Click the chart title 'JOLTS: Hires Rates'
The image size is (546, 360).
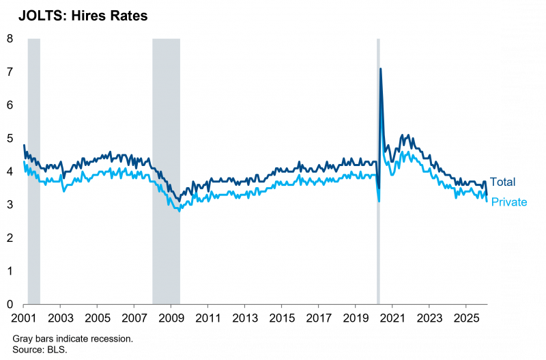[83, 16]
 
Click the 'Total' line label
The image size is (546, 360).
[502, 182]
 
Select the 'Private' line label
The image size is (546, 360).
[508, 203]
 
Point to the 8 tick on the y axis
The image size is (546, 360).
[10, 39]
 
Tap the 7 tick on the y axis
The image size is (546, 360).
[10, 72]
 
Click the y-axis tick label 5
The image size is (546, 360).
[10, 138]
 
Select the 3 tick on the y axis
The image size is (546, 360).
[10, 204]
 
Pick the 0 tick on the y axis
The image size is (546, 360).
[10, 304]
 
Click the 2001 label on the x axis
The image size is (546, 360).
[24, 318]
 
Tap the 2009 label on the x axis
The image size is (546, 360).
[171, 318]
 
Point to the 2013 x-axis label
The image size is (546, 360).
[244, 318]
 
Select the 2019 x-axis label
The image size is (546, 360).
[355, 318]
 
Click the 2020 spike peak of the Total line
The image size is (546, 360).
[380, 69]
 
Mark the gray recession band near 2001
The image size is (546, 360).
[33, 171]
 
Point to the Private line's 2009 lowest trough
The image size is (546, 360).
[179, 211]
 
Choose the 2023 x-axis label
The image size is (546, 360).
[429, 318]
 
